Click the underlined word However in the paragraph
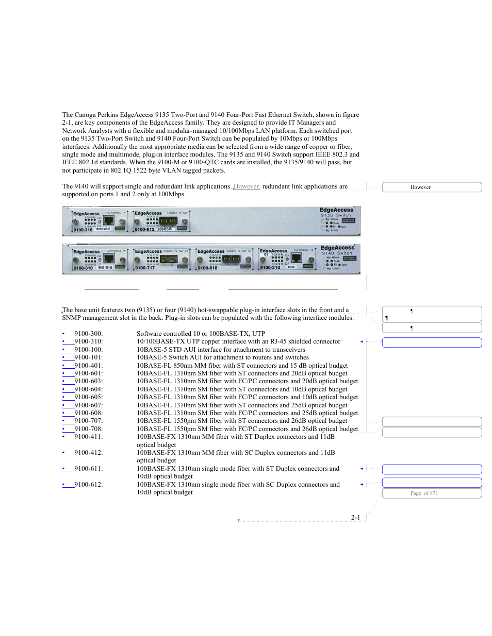(x=247, y=186)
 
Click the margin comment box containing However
(x=432, y=187)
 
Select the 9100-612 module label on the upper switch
(x=144, y=229)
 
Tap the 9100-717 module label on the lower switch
(x=145, y=268)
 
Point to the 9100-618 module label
(x=207, y=268)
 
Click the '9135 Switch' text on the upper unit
(x=336, y=216)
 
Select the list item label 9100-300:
(x=88, y=334)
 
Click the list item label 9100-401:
(x=88, y=366)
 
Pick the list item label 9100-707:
(x=88, y=421)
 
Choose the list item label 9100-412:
(x=88, y=453)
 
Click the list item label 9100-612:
(x=88, y=485)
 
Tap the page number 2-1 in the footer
(x=355, y=518)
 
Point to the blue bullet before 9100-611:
(x=63, y=469)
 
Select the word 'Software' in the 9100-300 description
(x=149, y=334)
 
